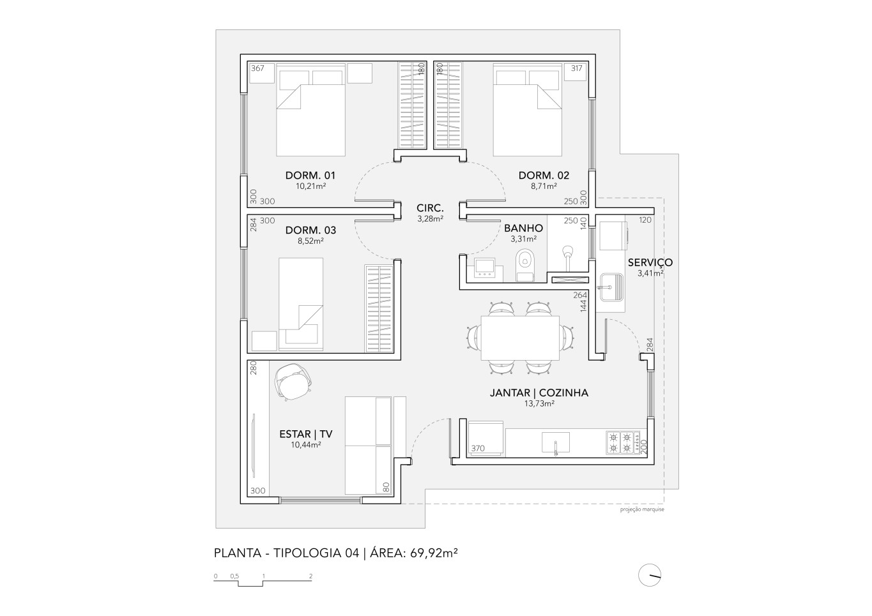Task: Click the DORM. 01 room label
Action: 310,176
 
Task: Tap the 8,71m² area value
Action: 544,186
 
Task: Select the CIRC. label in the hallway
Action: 430,208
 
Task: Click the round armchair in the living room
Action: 293,382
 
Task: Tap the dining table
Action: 520,338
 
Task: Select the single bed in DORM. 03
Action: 301,304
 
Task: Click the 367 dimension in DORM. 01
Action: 257,68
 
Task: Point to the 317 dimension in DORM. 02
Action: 576,68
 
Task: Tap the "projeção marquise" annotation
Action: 642,509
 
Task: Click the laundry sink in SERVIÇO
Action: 611,287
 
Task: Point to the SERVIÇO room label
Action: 650,262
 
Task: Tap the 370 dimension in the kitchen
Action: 478,448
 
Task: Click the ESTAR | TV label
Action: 306,434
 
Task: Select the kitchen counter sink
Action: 556,442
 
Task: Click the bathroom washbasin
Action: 484,268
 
